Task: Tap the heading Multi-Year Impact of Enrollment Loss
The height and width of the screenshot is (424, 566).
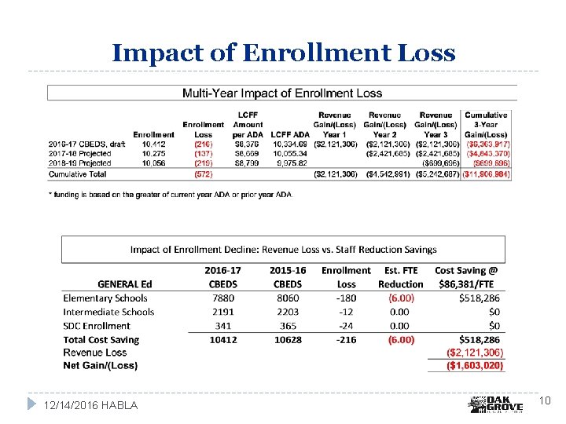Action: (282, 93)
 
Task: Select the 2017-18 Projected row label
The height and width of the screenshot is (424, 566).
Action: (79, 154)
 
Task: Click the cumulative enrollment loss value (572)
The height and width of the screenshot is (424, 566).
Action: (203, 174)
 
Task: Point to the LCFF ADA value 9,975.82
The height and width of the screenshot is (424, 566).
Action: (290, 163)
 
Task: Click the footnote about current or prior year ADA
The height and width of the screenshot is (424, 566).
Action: (169, 194)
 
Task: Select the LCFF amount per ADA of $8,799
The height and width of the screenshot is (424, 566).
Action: (248, 163)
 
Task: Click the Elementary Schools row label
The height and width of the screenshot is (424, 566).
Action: (105, 298)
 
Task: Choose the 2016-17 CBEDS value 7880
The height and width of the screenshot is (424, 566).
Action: (222, 298)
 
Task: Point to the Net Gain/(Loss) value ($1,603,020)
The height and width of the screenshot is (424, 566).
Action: (474, 366)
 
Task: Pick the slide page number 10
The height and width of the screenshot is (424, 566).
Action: (546, 401)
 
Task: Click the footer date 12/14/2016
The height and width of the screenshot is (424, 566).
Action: (69, 405)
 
